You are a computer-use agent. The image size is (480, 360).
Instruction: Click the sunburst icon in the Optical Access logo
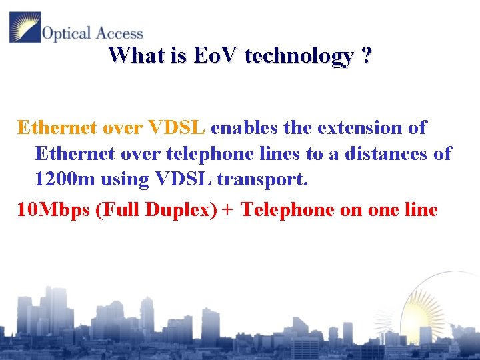25,27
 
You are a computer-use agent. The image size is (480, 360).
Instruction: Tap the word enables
241,127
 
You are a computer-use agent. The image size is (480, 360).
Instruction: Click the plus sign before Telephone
228,211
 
